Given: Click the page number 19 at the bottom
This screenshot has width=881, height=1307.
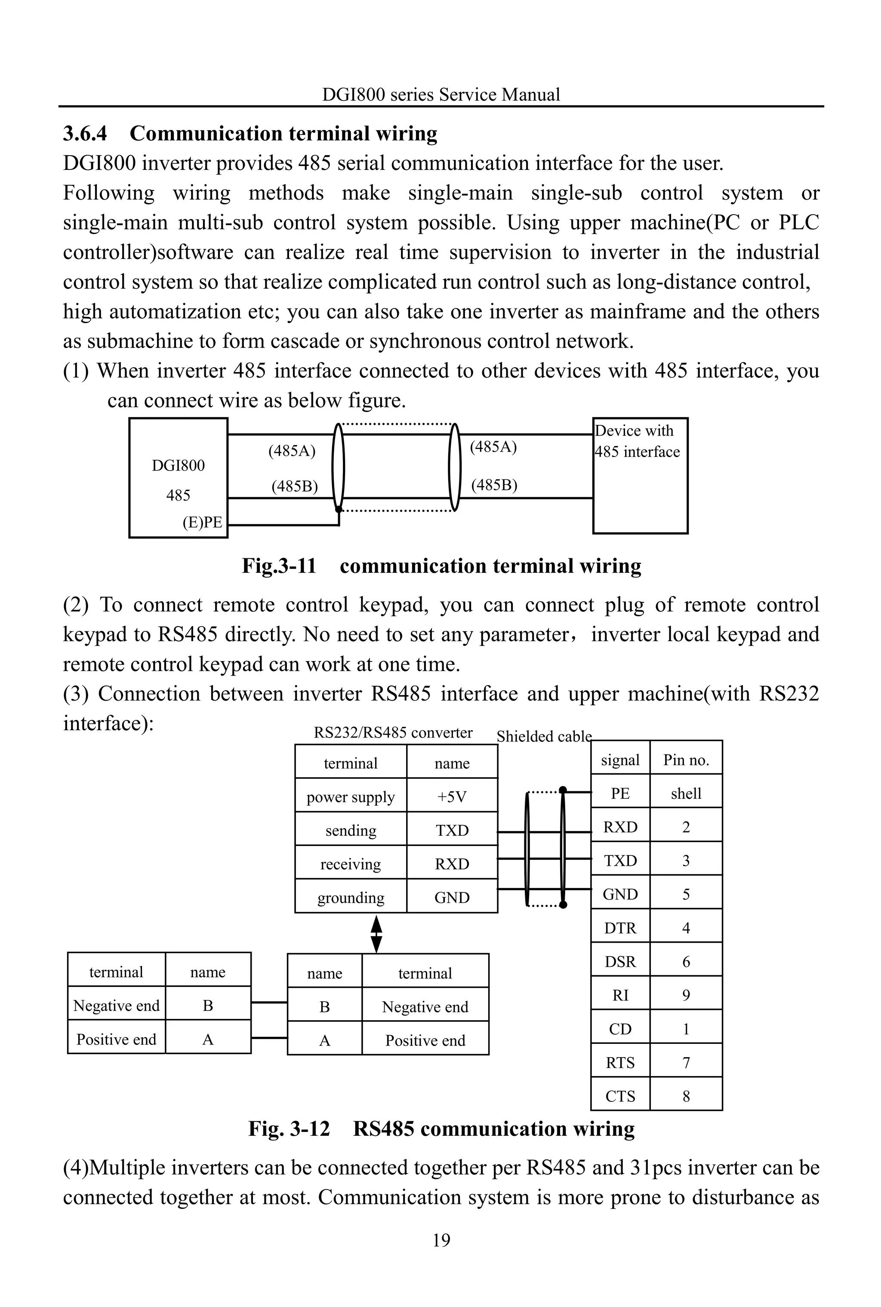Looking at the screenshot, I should pos(441,1239).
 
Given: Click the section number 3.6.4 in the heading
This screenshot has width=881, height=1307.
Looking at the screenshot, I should pos(85,134).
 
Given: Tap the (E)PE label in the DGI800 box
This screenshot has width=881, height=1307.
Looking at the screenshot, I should pos(202,523).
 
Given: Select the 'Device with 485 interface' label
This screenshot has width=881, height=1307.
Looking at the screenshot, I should pos(637,441).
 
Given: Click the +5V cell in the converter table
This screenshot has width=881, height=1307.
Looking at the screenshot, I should pos(452,797).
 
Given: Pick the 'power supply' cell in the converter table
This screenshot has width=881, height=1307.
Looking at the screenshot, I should pos(351,797).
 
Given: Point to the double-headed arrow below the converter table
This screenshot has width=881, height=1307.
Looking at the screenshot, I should pos(376,934).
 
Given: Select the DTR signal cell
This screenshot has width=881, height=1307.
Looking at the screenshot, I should pos(620,928).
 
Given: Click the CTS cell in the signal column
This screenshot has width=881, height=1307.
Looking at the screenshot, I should pos(620,1096).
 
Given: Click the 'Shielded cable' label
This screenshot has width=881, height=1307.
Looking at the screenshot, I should pos(544,736).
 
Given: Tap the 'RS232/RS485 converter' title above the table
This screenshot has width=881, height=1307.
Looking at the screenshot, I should pos(393,732).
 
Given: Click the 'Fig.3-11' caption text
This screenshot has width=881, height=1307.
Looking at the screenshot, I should pos(279,566).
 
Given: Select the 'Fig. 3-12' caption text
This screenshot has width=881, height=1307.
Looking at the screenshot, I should pos(289,1129).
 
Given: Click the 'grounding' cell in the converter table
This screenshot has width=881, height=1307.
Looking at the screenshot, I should pos(351,898).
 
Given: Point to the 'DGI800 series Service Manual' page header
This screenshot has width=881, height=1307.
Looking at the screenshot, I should pos(441,94).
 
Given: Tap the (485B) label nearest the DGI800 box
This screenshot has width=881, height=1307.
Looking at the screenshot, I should pos(294,486).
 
